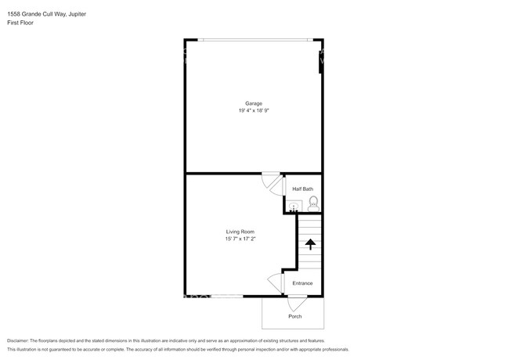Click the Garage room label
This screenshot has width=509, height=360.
click(253, 103)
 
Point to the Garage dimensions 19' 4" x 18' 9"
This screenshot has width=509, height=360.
click(253, 110)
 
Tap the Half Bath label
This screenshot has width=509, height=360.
click(302, 189)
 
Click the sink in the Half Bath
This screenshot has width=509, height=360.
click(293, 207)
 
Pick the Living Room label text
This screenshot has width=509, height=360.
click(240, 232)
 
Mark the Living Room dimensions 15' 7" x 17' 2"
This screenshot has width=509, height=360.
click(240, 239)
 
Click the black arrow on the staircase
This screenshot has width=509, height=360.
click(309, 244)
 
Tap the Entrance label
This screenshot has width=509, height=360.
click(302, 283)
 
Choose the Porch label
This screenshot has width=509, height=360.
click(294, 316)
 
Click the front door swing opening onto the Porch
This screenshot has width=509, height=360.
click(297, 301)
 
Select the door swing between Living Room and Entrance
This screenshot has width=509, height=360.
click(275, 282)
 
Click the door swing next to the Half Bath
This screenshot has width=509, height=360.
click(273, 182)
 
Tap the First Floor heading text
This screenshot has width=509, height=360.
click(20, 23)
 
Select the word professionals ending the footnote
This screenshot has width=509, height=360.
click(331, 349)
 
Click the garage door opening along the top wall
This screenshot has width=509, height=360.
click(254, 40)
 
